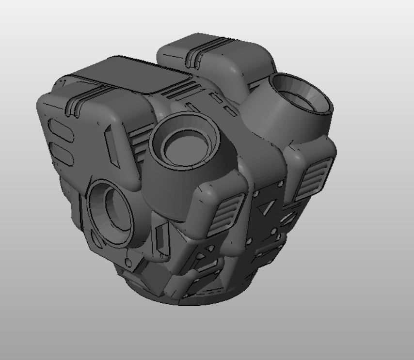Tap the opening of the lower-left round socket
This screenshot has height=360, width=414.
coord(114,213)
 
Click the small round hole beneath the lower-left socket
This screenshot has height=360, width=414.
coord(128,263)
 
